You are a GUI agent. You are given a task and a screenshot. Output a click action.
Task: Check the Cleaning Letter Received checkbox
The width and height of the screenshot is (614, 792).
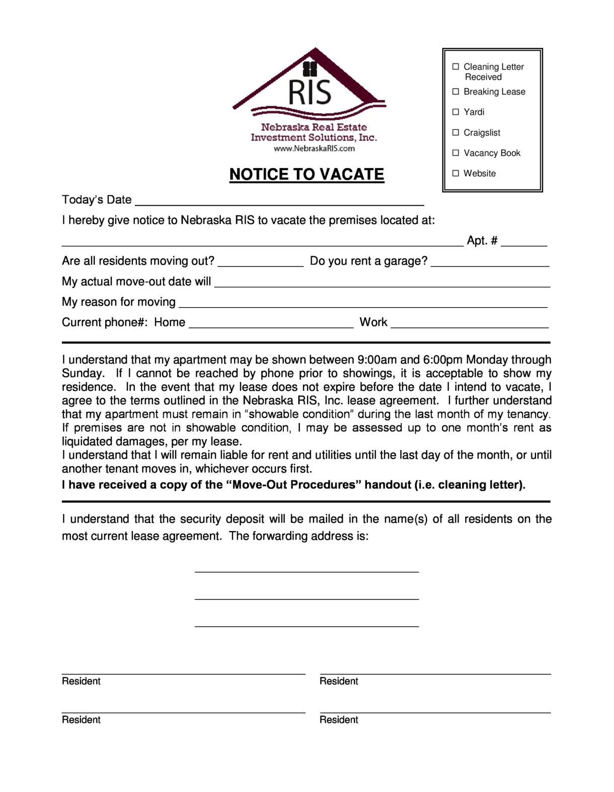tap(455, 66)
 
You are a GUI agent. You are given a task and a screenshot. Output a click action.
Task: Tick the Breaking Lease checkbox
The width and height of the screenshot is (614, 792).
tap(455, 92)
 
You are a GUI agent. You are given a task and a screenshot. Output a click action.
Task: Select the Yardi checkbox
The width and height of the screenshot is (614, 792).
tap(455, 112)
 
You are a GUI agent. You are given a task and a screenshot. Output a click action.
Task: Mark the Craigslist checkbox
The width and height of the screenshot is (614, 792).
tap(455, 132)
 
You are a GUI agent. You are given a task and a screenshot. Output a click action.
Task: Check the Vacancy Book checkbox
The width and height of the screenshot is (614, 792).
tap(455, 153)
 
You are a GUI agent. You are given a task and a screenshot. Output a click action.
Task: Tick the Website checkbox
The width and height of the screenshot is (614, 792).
tap(455, 173)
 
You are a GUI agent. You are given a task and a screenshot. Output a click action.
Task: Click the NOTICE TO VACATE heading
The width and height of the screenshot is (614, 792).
tap(306, 174)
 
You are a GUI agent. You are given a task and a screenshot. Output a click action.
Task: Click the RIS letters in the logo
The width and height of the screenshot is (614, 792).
tap(310, 92)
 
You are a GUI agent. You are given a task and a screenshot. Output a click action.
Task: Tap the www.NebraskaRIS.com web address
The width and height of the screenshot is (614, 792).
tap(314, 149)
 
